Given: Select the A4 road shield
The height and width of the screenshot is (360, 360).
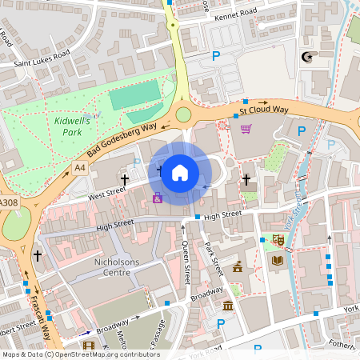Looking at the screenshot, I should [78, 168].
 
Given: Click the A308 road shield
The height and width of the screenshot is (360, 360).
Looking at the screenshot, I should [7, 203].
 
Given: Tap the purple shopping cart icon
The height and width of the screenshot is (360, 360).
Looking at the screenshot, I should [246, 128].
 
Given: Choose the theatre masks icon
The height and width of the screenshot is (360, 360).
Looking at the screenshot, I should [279, 239].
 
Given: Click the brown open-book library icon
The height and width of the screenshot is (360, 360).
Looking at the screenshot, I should [277, 260].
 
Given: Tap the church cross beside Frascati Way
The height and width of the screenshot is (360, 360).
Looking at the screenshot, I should [37, 255].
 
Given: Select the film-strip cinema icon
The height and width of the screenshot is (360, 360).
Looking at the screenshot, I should [88, 346].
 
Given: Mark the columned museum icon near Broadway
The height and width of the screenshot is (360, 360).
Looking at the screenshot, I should [228, 306].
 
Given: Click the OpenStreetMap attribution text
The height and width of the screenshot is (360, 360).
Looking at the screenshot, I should [80, 354].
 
